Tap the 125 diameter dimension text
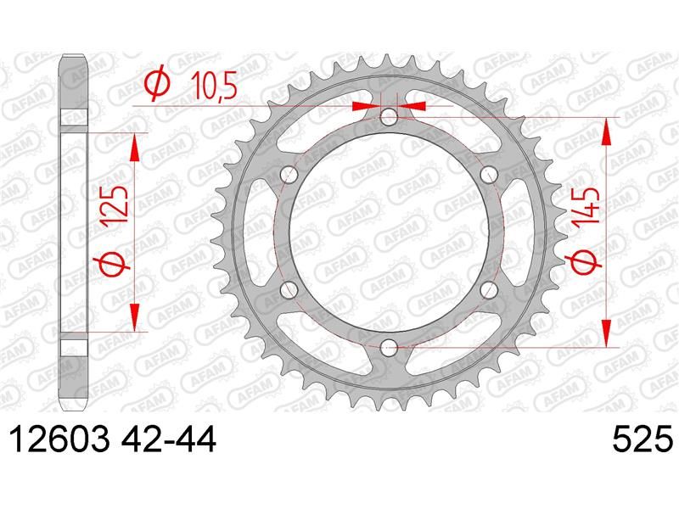[x=114, y=204]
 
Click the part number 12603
[x=59, y=439]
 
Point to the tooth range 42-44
[x=169, y=439]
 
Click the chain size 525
[x=643, y=439]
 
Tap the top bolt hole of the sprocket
[x=389, y=116]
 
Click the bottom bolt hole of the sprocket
[x=389, y=346]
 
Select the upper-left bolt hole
[x=289, y=174]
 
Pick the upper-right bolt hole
[x=489, y=174]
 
